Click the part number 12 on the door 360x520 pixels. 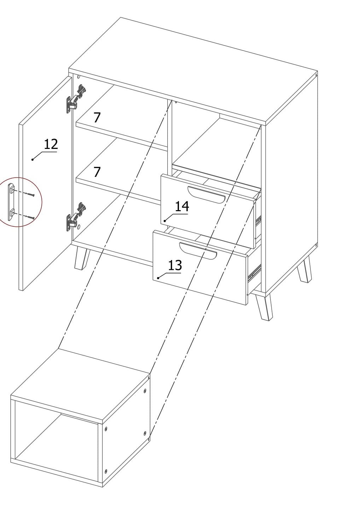51,144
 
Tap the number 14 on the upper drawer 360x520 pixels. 182,206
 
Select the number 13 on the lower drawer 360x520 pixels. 175,265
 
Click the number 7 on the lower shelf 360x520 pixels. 97,172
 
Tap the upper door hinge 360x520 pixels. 76,99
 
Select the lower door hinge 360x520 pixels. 76,217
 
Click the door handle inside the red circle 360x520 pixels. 11,202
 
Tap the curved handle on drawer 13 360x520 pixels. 198,251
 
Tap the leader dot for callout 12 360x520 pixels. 33,160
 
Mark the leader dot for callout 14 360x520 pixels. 164,221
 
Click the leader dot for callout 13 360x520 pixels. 158,278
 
